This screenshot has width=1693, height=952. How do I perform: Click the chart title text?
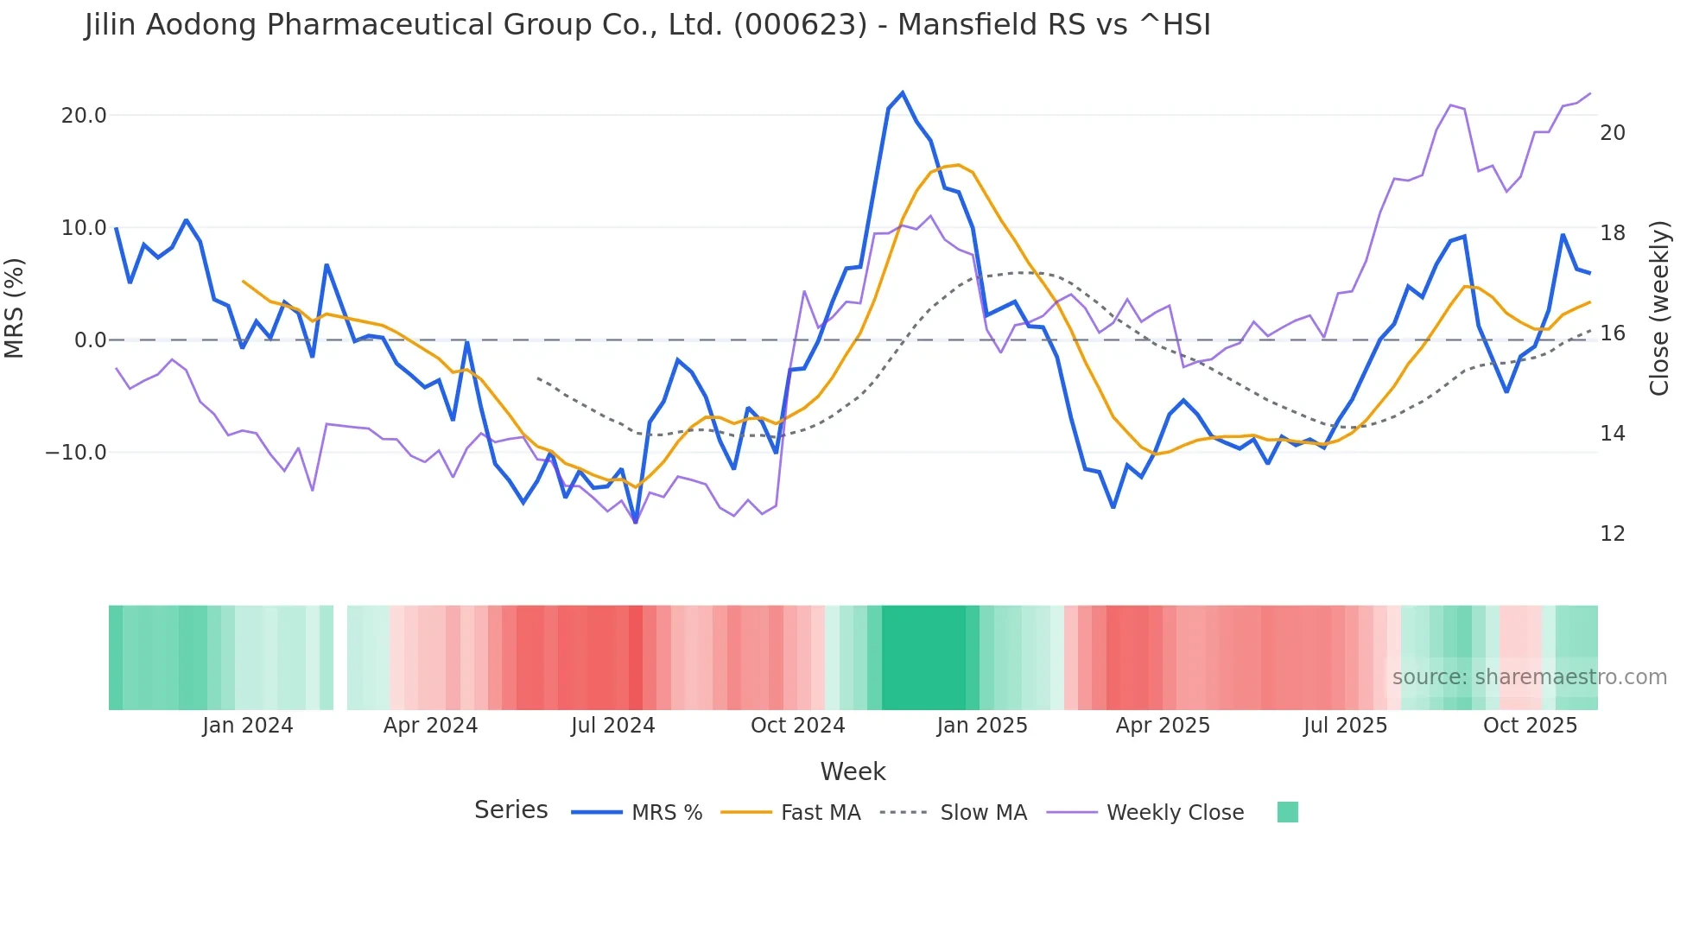click(648, 25)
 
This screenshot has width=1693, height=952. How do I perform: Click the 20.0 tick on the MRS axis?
click(84, 116)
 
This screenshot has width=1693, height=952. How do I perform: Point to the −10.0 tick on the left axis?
click(76, 453)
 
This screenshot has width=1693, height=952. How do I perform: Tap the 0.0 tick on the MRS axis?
click(90, 340)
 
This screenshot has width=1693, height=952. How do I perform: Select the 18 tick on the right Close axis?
click(1612, 233)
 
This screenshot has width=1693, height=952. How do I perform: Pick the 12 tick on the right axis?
click(1612, 534)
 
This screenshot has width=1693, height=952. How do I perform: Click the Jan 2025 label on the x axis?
click(982, 726)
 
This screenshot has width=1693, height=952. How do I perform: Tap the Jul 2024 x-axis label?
click(612, 726)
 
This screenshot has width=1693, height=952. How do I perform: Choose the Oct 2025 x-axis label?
click(1530, 726)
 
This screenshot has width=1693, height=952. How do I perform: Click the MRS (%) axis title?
click(15, 308)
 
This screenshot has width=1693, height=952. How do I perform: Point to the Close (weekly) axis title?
click(1659, 308)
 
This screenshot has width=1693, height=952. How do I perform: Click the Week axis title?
click(853, 771)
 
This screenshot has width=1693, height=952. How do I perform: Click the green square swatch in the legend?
click(1287, 812)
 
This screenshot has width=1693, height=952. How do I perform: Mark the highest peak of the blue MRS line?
click(903, 92)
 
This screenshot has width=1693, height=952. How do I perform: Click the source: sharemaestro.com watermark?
click(1529, 677)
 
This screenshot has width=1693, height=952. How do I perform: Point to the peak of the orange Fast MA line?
click(958, 165)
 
